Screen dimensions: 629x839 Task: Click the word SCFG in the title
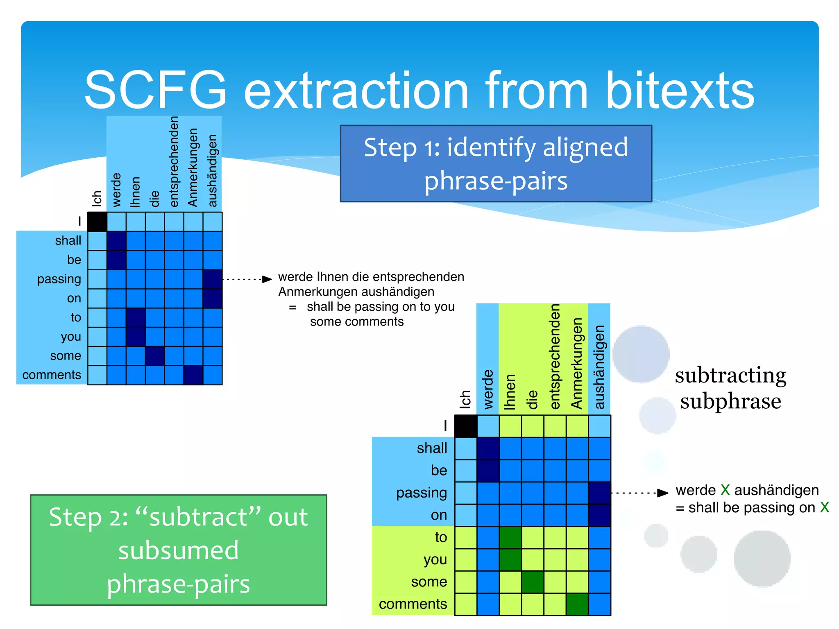pyautogui.click(x=156, y=90)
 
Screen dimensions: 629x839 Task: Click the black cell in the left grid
pyautogui.click(x=97, y=222)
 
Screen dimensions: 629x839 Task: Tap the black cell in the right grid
pyautogui.click(x=466, y=426)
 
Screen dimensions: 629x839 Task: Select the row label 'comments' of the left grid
pyautogui.click(x=52, y=375)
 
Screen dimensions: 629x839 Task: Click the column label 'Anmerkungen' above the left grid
pyautogui.click(x=193, y=168)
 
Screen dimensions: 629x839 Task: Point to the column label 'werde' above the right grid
pyautogui.click(x=488, y=389)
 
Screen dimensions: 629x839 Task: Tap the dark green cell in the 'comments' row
pyautogui.click(x=577, y=604)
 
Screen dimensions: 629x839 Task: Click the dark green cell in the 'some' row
pyautogui.click(x=533, y=582)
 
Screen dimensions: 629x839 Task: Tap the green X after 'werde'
pyautogui.click(x=725, y=490)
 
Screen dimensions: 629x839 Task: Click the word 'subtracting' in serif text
pyautogui.click(x=730, y=375)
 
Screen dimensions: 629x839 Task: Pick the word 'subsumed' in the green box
pyautogui.click(x=179, y=550)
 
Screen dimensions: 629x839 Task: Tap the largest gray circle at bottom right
pyautogui.click(x=762, y=559)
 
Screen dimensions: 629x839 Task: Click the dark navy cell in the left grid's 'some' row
pyautogui.click(x=155, y=355)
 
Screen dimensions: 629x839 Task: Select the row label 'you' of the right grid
pyautogui.click(x=435, y=559)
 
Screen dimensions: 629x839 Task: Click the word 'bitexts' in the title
pyautogui.click(x=680, y=90)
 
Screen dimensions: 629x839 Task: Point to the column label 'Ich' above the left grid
pyautogui.click(x=97, y=199)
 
